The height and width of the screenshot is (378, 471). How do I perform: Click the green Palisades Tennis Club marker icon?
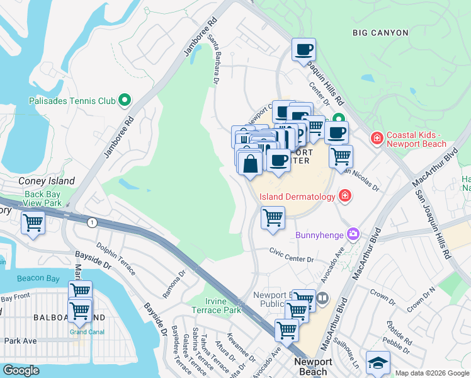(x=125, y=100)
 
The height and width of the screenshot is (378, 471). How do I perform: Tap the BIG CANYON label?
(x=380, y=33)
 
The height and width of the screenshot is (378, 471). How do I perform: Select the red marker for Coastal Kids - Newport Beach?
(x=377, y=137)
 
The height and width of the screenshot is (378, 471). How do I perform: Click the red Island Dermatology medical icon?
(x=344, y=196)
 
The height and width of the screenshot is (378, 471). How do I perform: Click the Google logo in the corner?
(x=21, y=370)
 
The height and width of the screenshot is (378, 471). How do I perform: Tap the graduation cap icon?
(x=377, y=362)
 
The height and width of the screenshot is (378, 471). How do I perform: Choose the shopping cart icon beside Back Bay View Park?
(x=33, y=222)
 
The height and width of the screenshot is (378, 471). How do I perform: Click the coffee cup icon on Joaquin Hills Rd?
(x=304, y=49)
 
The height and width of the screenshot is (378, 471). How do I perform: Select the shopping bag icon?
(x=250, y=163)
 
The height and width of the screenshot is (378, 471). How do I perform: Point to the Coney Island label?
(x=47, y=181)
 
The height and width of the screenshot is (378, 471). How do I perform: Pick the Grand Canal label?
(x=87, y=331)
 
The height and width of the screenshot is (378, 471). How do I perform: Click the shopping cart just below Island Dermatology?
(x=273, y=217)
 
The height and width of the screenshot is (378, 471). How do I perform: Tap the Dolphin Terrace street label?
(x=115, y=259)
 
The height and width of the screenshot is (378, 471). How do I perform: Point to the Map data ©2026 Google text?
(x=431, y=373)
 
